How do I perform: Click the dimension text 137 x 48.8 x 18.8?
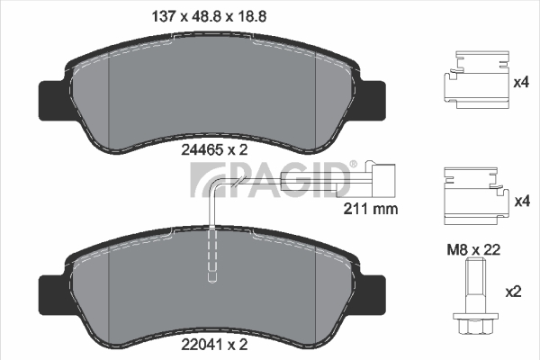[210, 16]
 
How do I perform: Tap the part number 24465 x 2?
[214, 150]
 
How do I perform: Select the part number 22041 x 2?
[214, 344]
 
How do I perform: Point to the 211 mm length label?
[371, 209]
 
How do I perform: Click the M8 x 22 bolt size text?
[473, 250]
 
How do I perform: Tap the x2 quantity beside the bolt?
[513, 292]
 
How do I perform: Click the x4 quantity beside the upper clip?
[521, 82]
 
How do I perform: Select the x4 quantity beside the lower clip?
[522, 202]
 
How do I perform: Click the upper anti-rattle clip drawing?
[476, 80]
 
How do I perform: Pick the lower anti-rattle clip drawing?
[476, 196]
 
